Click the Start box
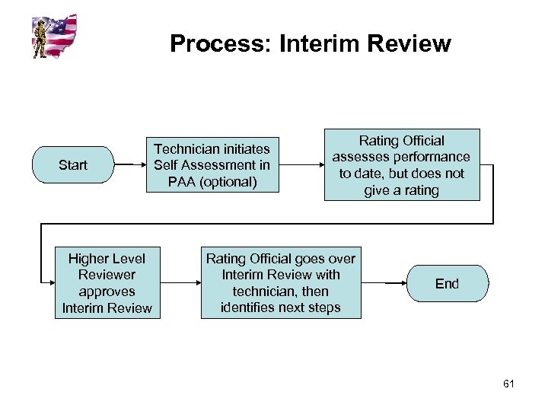72,164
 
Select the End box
447,284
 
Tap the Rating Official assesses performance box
402,165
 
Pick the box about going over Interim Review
281,282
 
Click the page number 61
509,384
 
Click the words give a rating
402,190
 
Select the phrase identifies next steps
281,307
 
